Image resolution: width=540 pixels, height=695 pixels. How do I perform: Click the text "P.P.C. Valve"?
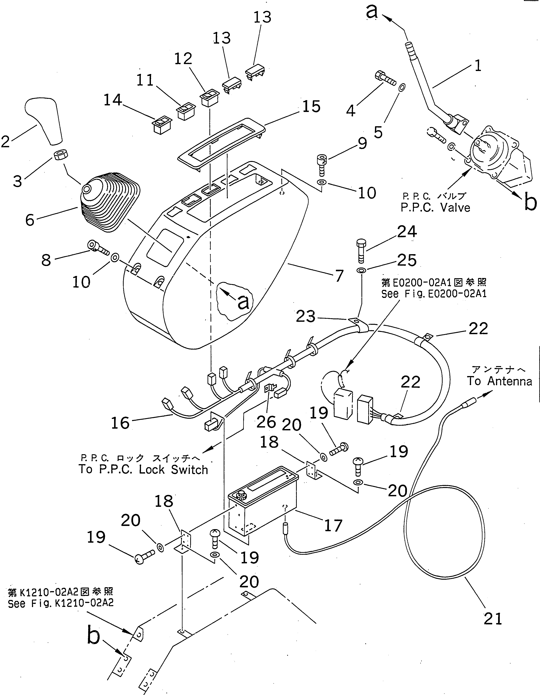435,208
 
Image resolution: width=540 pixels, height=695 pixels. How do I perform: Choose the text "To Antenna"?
499,381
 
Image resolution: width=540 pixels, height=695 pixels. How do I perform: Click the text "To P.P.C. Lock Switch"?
143,470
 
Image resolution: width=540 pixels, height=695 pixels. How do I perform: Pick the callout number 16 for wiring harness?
120,423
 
